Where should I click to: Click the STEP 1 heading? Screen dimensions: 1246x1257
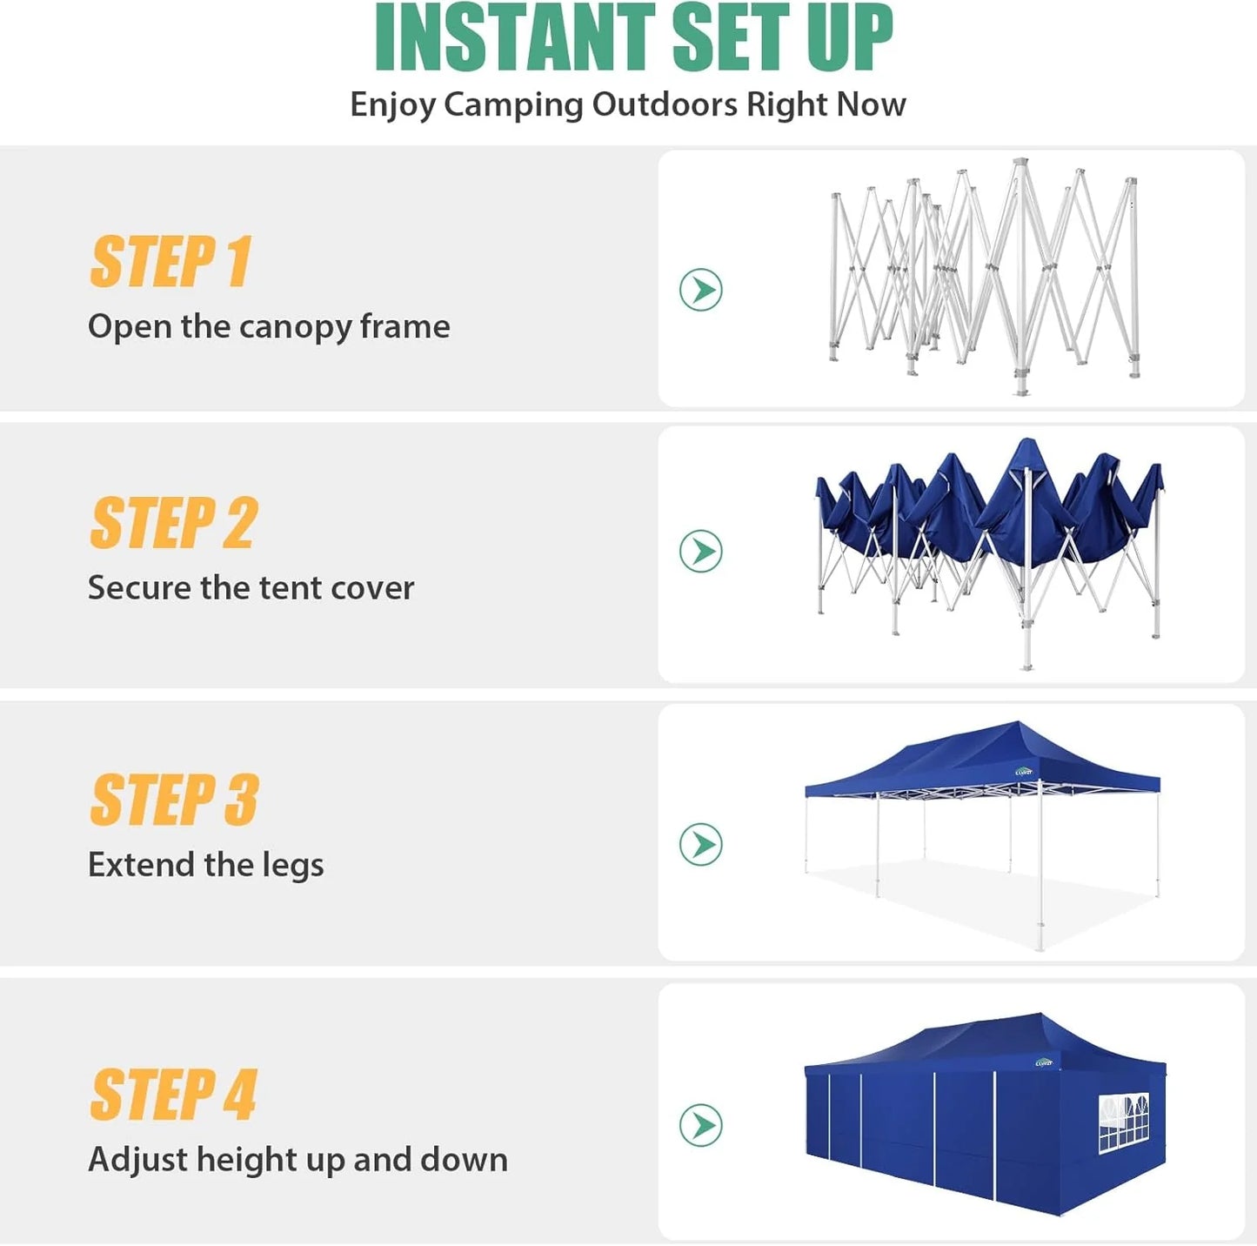(x=170, y=262)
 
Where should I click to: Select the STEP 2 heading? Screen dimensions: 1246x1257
(x=173, y=523)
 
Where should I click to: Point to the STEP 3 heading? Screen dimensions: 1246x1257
(x=174, y=801)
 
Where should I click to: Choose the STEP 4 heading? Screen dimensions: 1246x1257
(x=173, y=1095)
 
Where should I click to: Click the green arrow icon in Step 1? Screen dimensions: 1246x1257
(x=701, y=290)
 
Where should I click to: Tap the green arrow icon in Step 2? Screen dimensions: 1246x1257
(x=701, y=551)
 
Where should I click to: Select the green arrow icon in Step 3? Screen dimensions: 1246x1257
(x=701, y=844)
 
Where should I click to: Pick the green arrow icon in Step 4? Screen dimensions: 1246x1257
(x=701, y=1125)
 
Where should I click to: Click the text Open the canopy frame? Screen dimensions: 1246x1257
(x=269, y=327)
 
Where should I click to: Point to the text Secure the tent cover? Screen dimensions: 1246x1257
(x=251, y=588)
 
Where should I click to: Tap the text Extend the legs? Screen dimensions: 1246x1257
(x=205, y=865)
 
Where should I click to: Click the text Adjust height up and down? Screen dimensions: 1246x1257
(x=298, y=1160)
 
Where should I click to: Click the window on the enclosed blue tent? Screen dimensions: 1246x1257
(x=1123, y=1122)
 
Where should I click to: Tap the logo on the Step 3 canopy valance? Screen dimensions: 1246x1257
(x=1024, y=772)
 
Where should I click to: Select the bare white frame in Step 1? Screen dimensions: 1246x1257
(x=983, y=277)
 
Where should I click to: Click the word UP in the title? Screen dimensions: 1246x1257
(x=849, y=38)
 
